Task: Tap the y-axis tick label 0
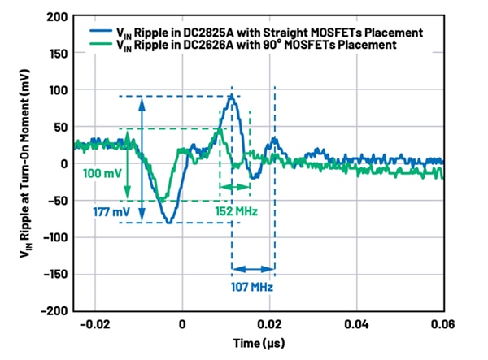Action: pyautogui.click(x=63, y=164)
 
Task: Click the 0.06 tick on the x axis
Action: pyautogui.click(x=442, y=324)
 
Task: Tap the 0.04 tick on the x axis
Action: pyautogui.click(x=356, y=324)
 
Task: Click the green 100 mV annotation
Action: pyautogui.click(x=102, y=174)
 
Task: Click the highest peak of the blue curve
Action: pyautogui.click(x=232, y=96)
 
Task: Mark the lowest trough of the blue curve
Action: pyautogui.click(x=168, y=222)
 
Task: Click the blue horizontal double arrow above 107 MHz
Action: pyautogui.click(x=254, y=270)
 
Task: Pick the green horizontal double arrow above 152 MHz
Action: pyautogui.click(x=235, y=188)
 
